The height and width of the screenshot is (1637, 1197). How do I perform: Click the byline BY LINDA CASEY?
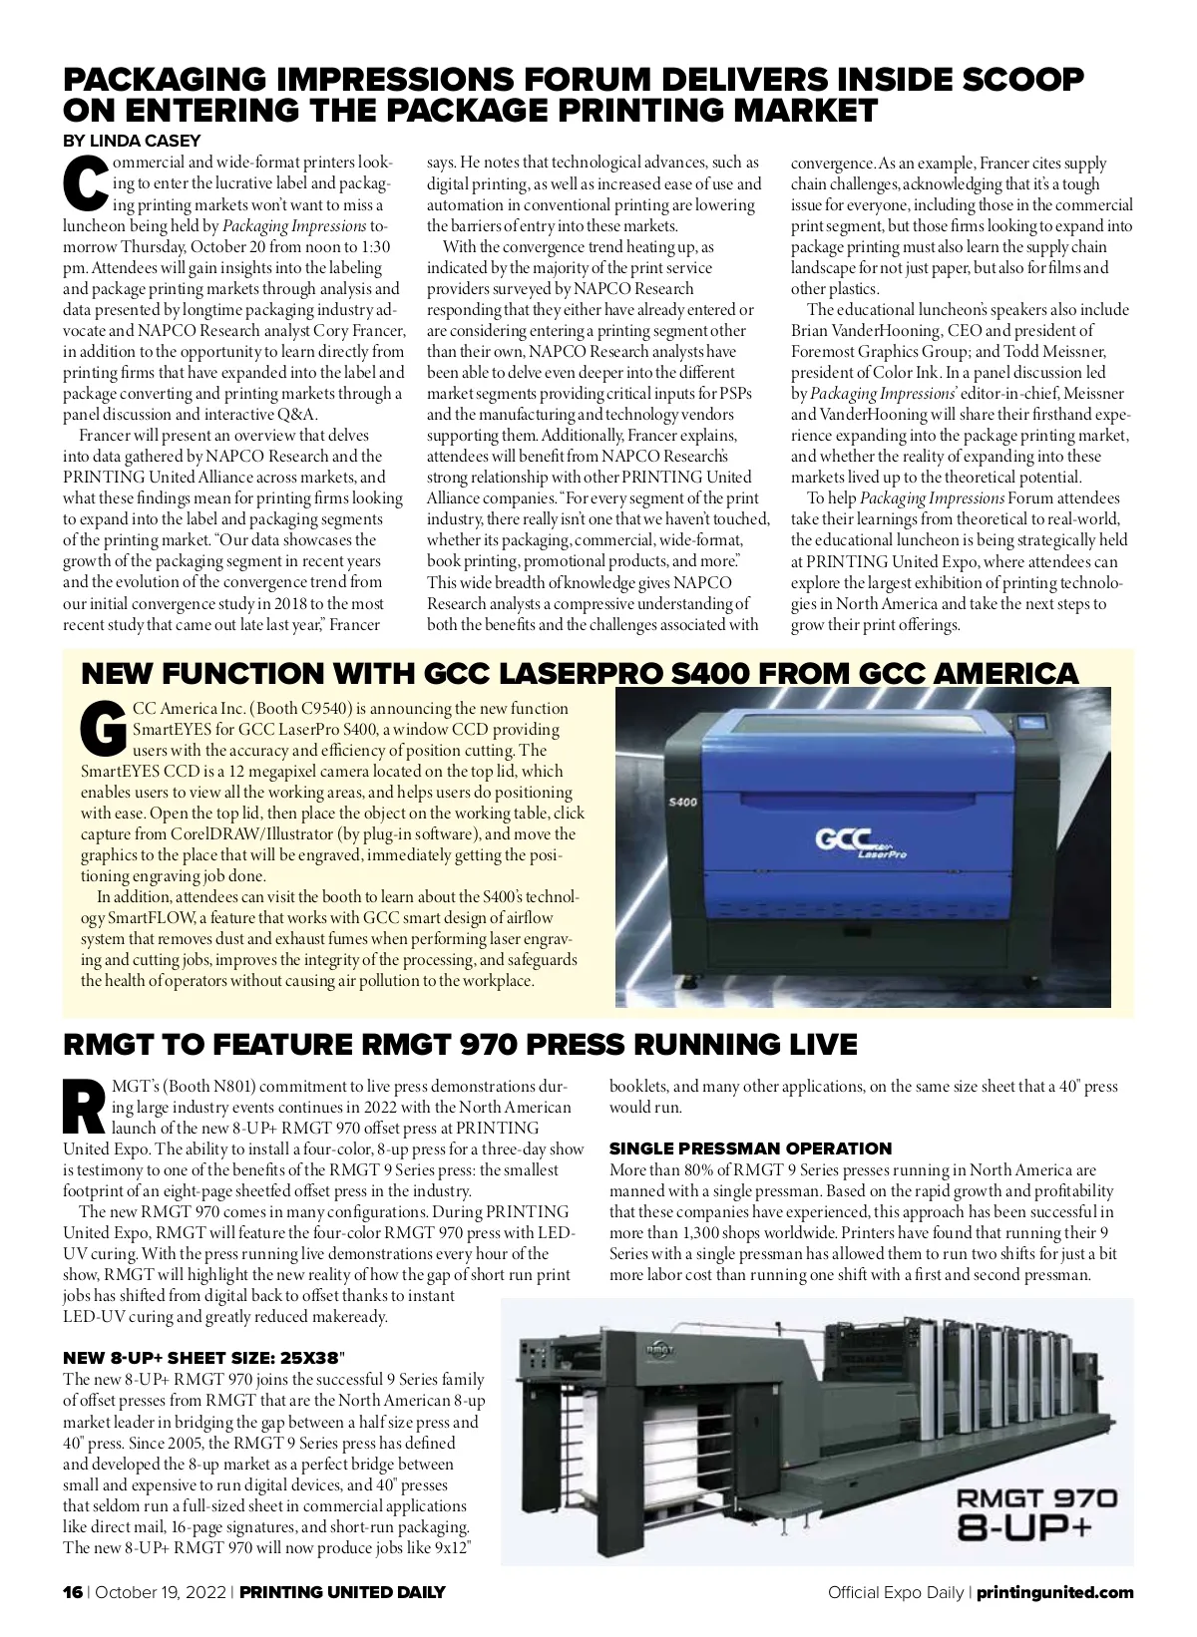pos(132,141)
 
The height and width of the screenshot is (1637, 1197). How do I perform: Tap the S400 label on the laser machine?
pos(682,801)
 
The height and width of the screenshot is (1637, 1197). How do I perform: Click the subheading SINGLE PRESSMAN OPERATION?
pos(750,1148)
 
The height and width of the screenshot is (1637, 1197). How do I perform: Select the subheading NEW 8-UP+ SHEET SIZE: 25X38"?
pos(204,1358)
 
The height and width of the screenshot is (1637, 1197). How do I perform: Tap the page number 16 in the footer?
pos(73,1592)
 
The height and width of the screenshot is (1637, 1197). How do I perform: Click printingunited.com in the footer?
pos(1054,1592)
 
